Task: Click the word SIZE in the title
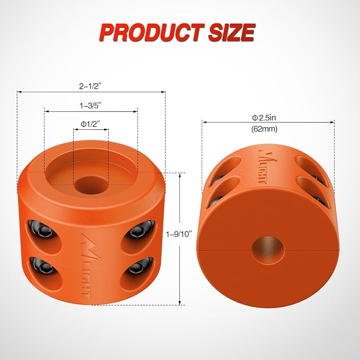click(x=231, y=33)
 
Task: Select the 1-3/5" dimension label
click(x=91, y=106)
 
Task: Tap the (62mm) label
click(x=268, y=128)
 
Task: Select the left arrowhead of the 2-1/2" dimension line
click(x=20, y=92)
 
